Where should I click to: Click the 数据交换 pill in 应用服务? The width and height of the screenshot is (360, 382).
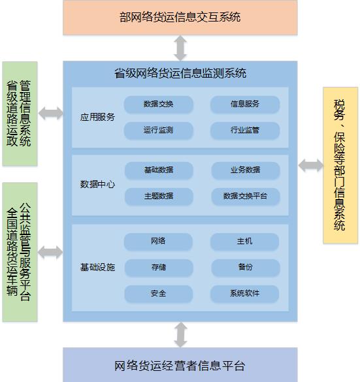pos(158,104)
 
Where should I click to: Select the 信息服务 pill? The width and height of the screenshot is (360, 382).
pos(245,104)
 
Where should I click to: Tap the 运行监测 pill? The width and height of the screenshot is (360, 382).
pos(158,130)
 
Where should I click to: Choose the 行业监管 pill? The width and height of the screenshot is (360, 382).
pos(245,130)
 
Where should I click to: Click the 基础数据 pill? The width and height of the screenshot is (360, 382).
pos(159,170)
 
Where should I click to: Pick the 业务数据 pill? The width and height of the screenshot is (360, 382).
pos(246,170)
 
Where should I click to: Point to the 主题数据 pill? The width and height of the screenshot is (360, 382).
pos(159,196)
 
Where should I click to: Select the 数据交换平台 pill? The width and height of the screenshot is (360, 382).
pos(246,196)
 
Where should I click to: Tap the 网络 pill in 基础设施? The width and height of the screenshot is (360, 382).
pos(158,241)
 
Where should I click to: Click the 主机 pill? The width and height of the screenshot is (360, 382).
pos(244,241)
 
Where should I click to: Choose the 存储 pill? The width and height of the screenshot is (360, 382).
pos(159,267)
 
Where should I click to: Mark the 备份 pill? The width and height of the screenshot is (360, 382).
pos(246,267)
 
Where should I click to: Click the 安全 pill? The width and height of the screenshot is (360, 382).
pos(158,293)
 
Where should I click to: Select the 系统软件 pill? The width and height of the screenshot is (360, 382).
pos(244,293)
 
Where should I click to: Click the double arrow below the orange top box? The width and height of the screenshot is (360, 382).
pos(180,48)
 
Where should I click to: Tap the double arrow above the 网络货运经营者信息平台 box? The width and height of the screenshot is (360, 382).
pos(180,334)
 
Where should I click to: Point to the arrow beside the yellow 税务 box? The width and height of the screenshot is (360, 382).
pos(311,165)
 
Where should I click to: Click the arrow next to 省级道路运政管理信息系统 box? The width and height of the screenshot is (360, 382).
pos(51,113)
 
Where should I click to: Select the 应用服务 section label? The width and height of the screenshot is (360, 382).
pos(97,117)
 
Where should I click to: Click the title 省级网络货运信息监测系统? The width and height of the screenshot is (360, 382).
pos(180,73)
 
